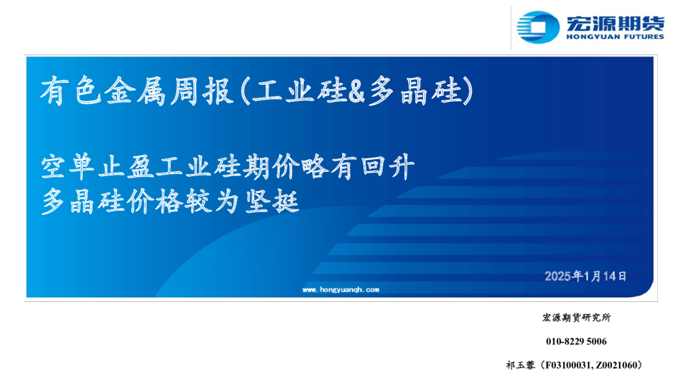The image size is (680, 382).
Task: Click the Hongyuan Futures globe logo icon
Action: pyautogui.click(x=538, y=27)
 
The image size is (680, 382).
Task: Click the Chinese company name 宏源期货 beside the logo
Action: pyautogui.click(x=616, y=23)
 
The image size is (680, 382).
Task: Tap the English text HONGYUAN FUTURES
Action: pyautogui.click(x=616, y=37)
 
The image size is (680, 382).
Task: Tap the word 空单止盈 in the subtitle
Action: pyautogui.click(x=98, y=167)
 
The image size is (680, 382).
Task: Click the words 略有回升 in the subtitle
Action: pyautogui.click(x=358, y=167)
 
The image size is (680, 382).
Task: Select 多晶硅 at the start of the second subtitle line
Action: pyautogui.click(x=84, y=202)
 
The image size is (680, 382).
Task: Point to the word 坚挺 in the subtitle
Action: pyautogui.click(x=272, y=202)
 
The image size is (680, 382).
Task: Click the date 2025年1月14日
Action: pyautogui.click(x=586, y=276)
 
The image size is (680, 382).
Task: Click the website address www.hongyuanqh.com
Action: pyautogui.click(x=341, y=289)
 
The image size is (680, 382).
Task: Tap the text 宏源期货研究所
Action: pyautogui.click(x=577, y=318)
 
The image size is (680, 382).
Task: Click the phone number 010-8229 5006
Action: pyautogui.click(x=577, y=341)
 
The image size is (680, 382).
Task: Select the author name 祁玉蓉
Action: pyautogui.click(x=521, y=365)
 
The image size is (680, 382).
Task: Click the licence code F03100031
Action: pyautogui.click(x=567, y=365)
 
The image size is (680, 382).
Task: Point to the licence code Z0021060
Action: pyautogui.click(x=616, y=365)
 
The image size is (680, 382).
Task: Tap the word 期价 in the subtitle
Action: pyautogui.click(x=271, y=167)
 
